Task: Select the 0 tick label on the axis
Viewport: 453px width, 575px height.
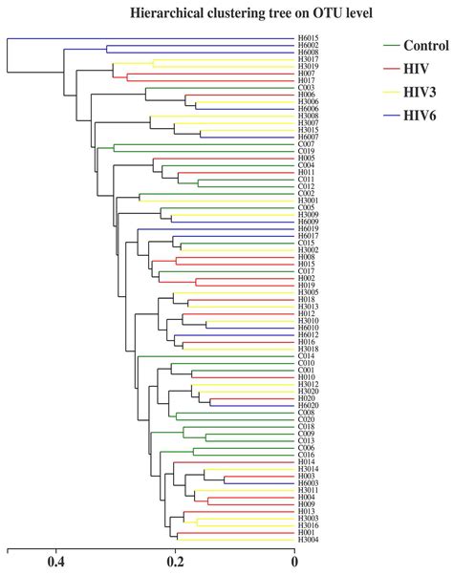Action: [294, 564]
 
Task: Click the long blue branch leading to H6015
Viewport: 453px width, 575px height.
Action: [143, 38]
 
